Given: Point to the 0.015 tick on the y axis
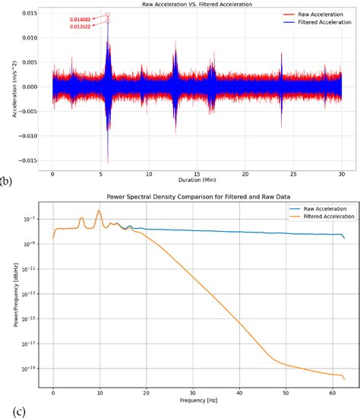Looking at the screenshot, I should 34,14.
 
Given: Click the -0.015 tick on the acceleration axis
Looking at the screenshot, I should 33,160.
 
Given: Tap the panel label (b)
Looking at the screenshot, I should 7,181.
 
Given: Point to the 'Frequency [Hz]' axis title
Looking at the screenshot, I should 198,397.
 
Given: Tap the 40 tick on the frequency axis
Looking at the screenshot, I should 239,389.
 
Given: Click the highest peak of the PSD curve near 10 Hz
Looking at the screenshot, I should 99,211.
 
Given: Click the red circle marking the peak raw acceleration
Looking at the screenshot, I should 107,14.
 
